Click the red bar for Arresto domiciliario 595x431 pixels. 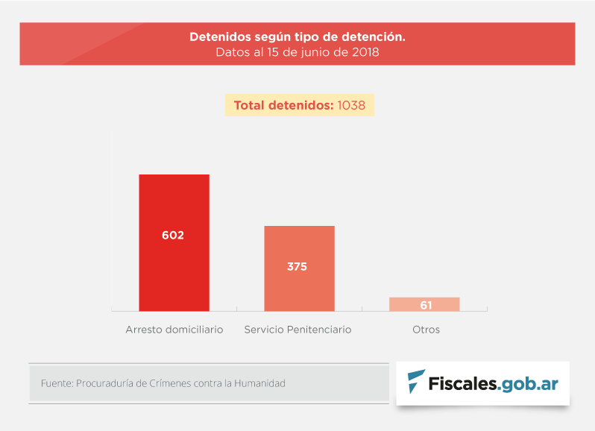[174, 201]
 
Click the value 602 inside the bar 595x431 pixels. [173, 235]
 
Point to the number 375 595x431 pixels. [297, 266]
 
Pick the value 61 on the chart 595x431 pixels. [426, 305]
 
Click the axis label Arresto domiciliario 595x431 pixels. [174, 329]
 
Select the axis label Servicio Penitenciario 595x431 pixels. [297, 329]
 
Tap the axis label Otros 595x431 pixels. [426, 329]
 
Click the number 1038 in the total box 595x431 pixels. [351, 105]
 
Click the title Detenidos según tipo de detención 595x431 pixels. [297, 37]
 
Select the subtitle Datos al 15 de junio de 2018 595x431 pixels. [297, 52]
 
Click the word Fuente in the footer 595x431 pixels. [56, 383]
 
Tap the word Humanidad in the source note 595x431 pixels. [259, 383]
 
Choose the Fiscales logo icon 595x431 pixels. [416, 382]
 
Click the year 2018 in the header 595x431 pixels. [365, 52]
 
